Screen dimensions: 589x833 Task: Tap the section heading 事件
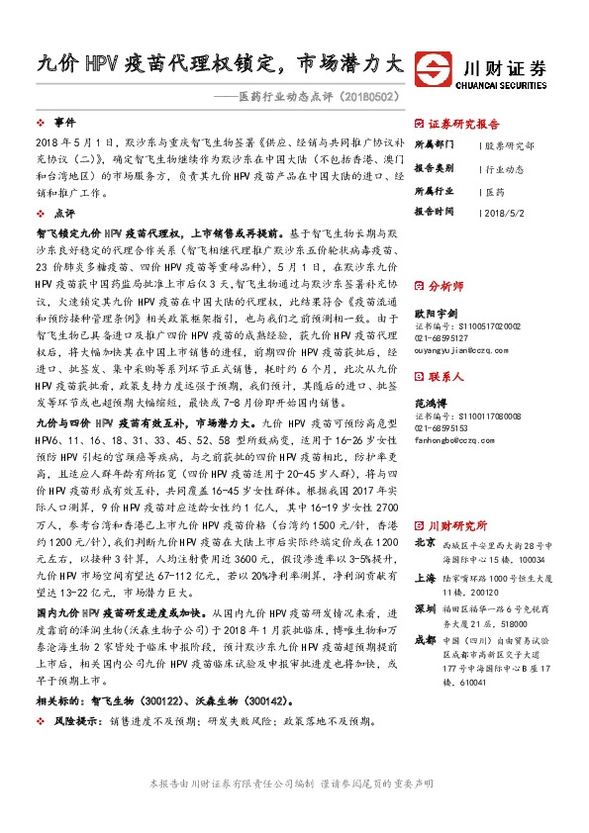pos(64,124)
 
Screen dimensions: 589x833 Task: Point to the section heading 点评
pos(64,212)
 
